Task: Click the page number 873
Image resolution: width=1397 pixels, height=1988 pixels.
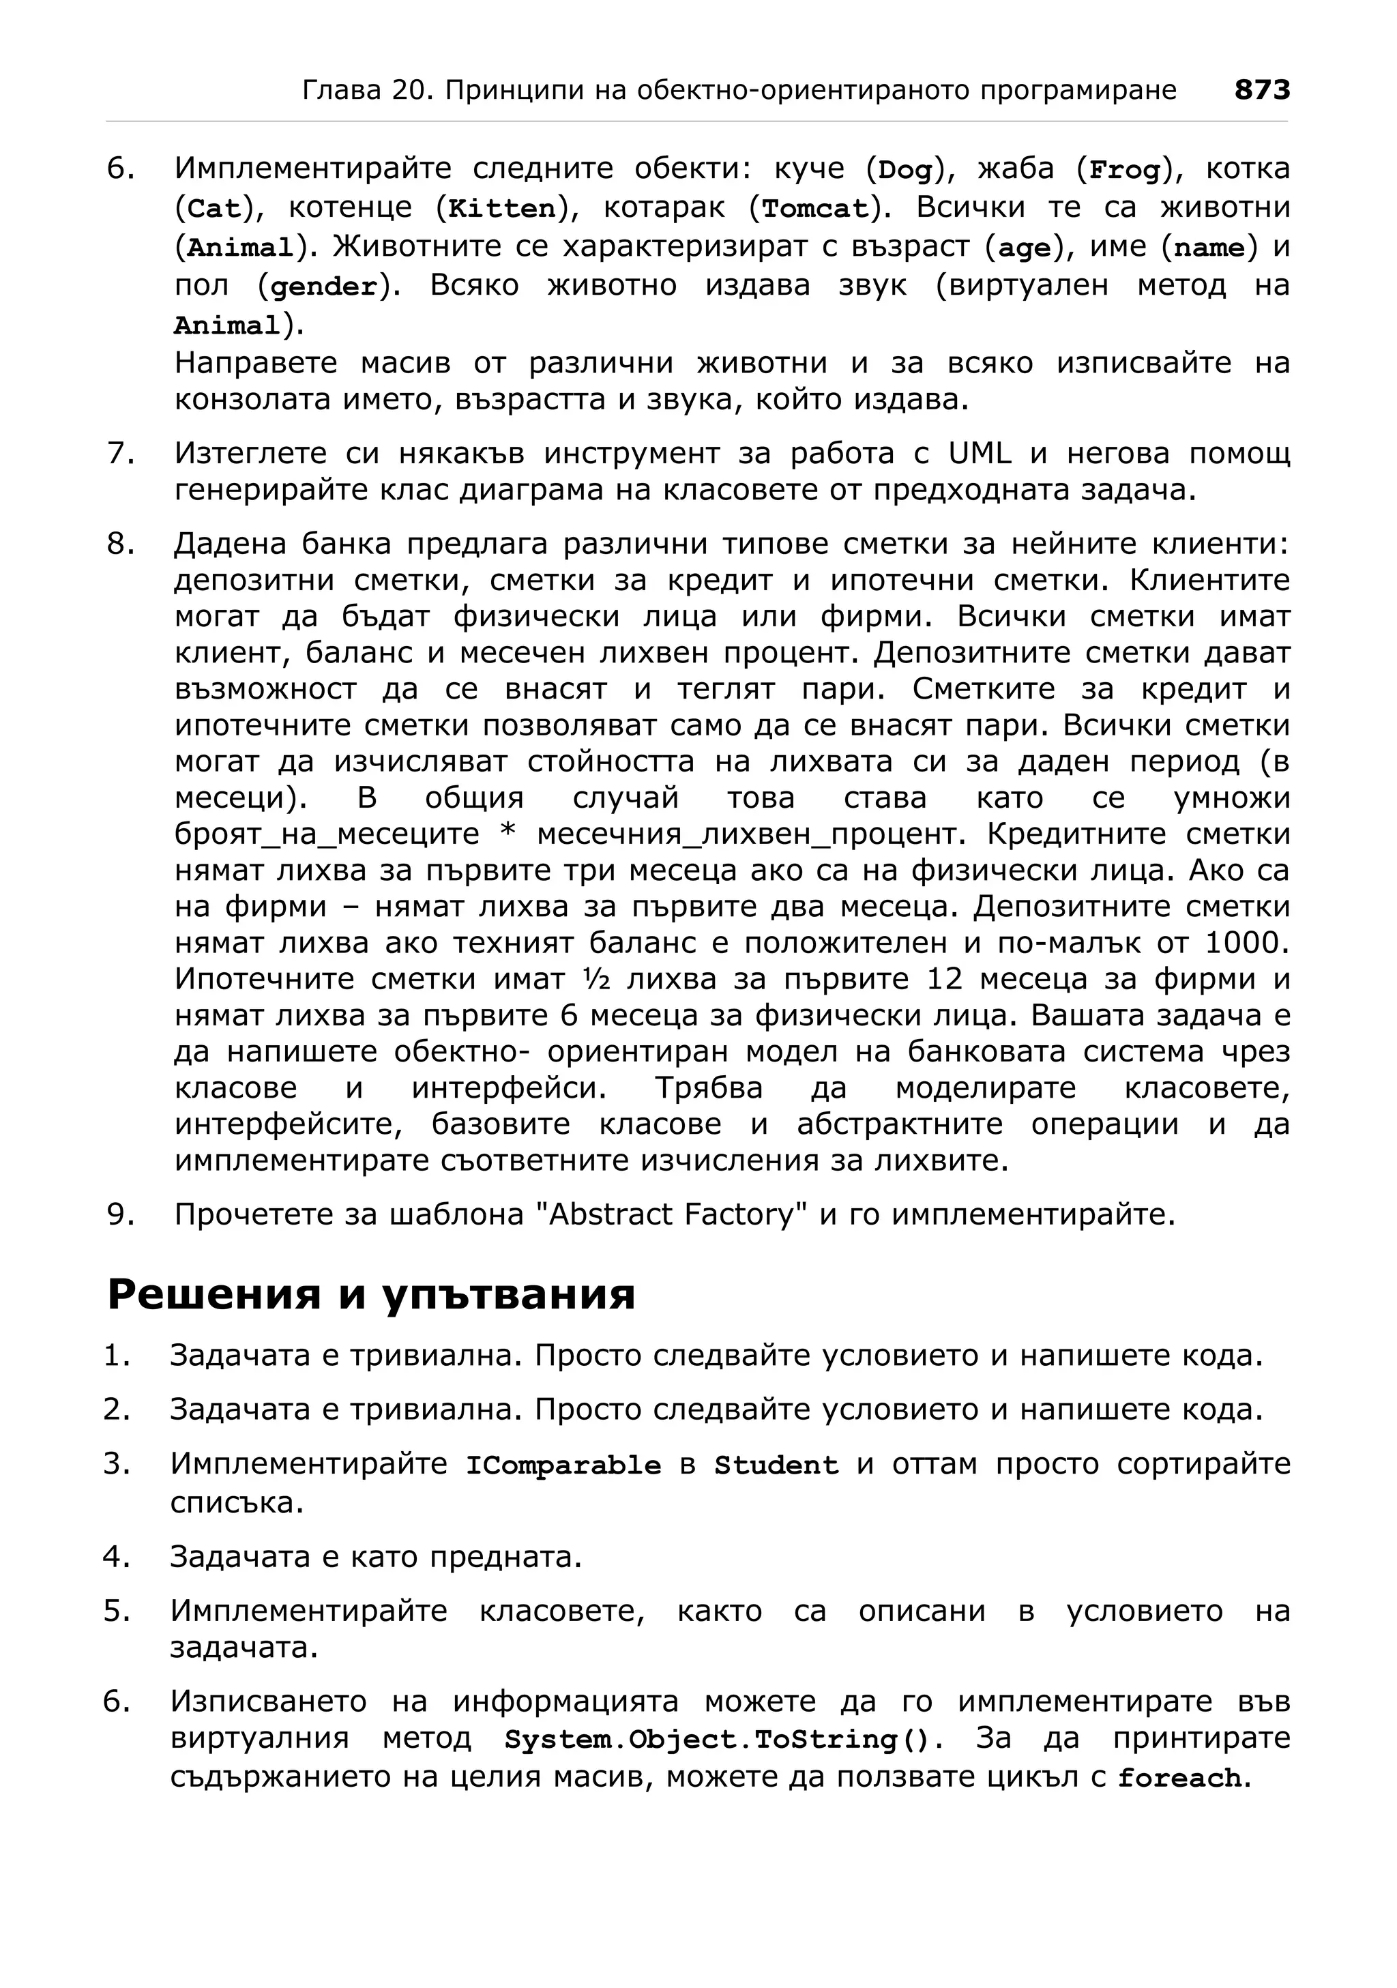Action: click(1261, 90)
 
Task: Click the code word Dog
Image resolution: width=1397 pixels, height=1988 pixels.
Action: click(905, 171)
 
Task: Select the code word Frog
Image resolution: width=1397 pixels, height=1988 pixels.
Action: click(1123, 171)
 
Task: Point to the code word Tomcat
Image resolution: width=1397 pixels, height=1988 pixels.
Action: click(814, 209)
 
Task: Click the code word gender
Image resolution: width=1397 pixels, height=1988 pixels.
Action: click(325, 287)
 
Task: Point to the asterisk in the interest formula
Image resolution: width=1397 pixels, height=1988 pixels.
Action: click(508, 834)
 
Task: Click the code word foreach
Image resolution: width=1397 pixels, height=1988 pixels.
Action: click(1180, 1779)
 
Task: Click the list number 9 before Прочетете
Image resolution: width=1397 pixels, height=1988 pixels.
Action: click(119, 1215)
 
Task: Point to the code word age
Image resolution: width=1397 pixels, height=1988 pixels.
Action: click(1024, 248)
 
